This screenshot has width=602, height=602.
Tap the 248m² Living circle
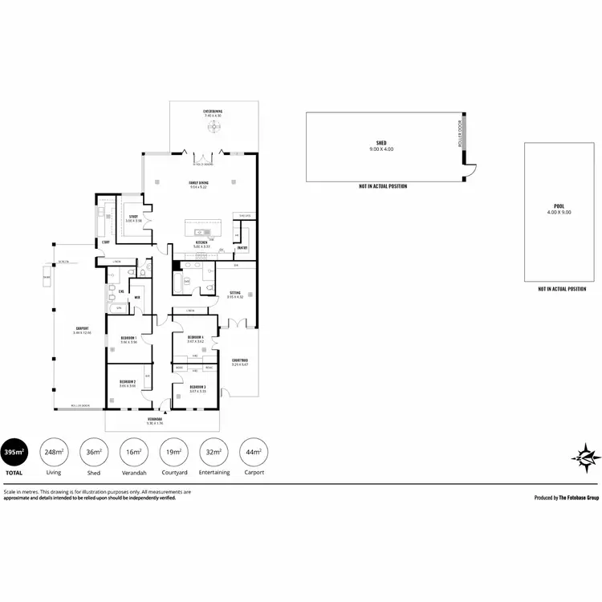(x=55, y=452)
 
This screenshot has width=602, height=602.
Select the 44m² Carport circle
(x=254, y=452)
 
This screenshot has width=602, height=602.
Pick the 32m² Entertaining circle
(x=214, y=452)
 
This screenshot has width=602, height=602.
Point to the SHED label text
(x=382, y=144)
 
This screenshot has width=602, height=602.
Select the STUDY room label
(x=134, y=216)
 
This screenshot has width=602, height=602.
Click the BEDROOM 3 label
(x=197, y=387)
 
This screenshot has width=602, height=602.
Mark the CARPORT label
(x=82, y=329)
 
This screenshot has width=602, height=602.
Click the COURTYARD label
(x=239, y=360)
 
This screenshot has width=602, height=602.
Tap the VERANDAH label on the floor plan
(x=156, y=419)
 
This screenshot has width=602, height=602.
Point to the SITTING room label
(x=234, y=293)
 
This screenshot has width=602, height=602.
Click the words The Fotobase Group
(x=578, y=498)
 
